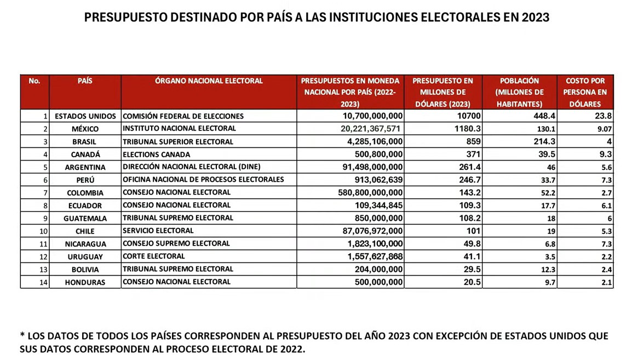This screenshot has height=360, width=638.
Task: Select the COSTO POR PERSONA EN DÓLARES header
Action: click(x=585, y=92)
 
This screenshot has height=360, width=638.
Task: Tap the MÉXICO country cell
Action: click(x=85, y=129)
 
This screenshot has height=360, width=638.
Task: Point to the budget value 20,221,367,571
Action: click(x=364, y=129)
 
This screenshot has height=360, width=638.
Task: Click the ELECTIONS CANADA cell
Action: click(x=149, y=155)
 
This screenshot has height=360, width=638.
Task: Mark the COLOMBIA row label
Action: click(x=85, y=193)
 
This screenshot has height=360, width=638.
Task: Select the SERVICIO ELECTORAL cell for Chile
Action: click(x=158, y=231)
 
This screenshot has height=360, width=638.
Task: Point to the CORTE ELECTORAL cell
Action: click(x=154, y=256)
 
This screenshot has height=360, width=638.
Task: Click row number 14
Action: click(x=43, y=282)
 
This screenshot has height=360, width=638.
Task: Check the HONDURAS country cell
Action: click(x=85, y=282)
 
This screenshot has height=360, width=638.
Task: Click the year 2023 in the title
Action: click(x=535, y=18)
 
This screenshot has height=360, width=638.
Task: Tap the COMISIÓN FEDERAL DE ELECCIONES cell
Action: click(x=183, y=116)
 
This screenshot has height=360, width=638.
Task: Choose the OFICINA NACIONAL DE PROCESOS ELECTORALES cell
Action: click(x=203, y=180)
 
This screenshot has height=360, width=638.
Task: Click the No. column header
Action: click(x=35, y=81)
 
